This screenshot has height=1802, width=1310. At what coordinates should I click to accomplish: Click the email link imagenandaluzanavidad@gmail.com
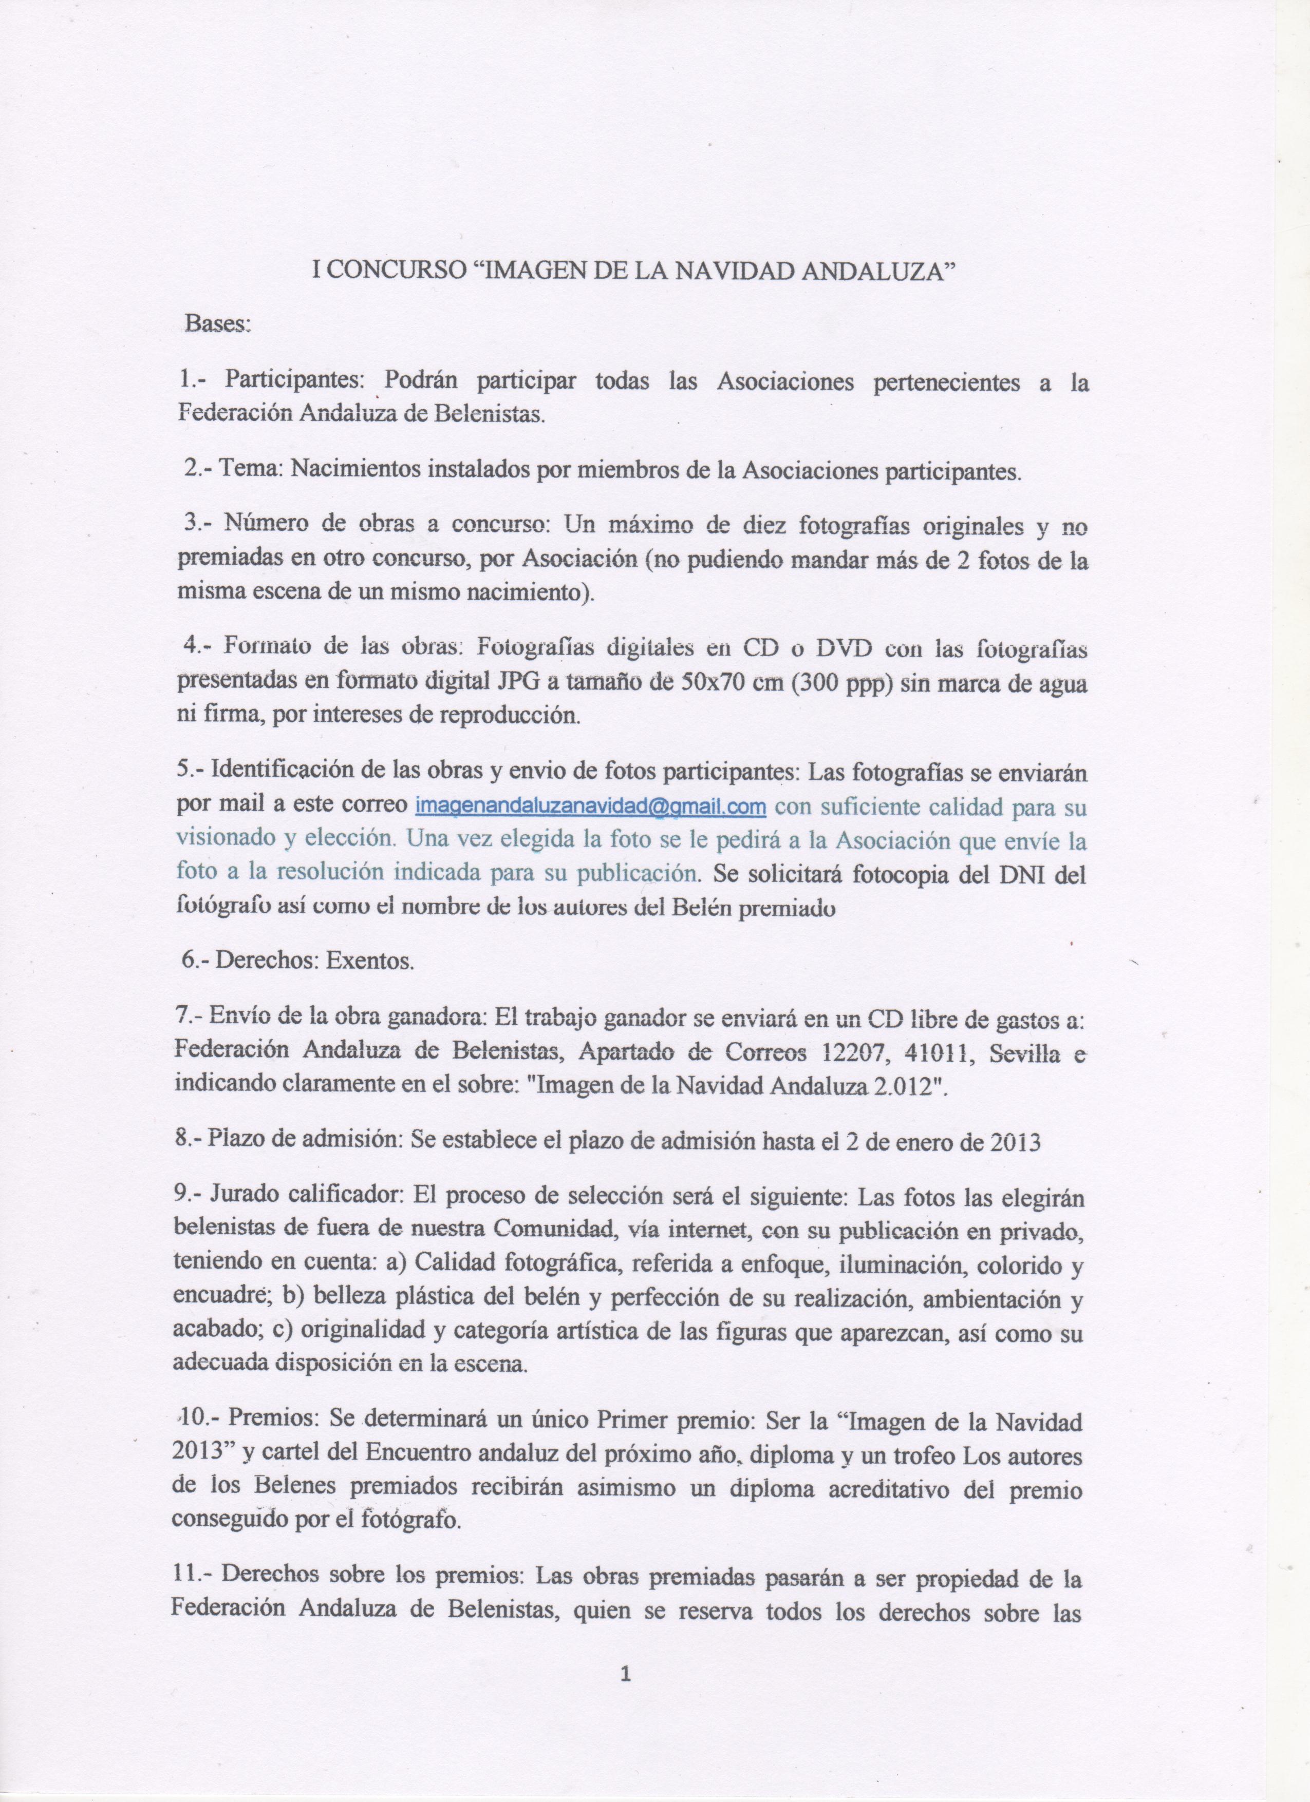[591, 807]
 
